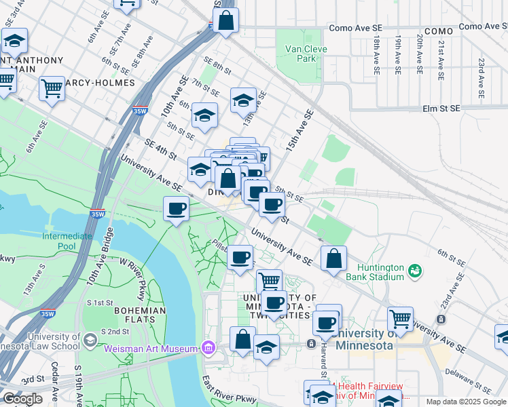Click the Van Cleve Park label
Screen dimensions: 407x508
pos(306,54)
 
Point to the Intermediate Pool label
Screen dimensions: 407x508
pos(67,241)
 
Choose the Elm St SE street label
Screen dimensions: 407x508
pos(441,108)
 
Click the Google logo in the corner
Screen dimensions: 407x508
pos(22,399)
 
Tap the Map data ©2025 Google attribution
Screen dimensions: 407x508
pos(466,402)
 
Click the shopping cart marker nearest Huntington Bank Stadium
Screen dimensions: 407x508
pos(401,318)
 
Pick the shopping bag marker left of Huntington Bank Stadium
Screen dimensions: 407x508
pos(333,258)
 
